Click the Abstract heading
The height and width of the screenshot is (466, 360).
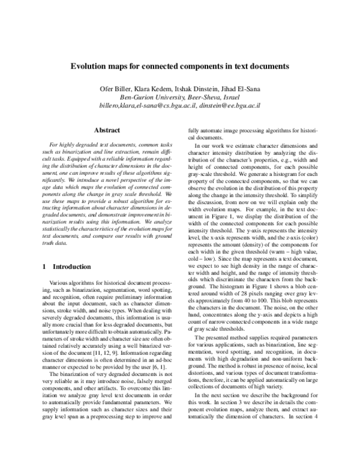tap(107, 130)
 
